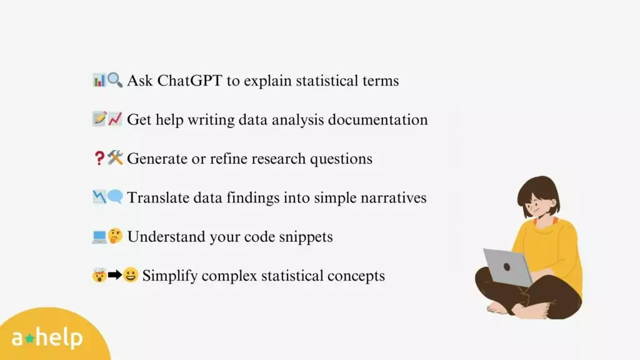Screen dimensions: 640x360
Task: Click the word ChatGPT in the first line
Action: pyautogui.click(x=190, y=81)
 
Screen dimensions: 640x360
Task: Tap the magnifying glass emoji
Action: pyautogui.click(x=115, y=80)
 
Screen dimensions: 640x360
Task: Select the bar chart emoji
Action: pyautogui.click(x=99, y=80)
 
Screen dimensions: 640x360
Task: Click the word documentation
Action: pyautogui.click(x=378, y=119)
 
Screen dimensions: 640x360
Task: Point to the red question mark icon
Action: pyautogui.click(x=99, y=158)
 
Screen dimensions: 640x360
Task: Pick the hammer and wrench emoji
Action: pyautogui.click(x=115, y=157)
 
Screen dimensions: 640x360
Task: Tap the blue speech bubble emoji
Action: pyautogui.click(x=115, y=197)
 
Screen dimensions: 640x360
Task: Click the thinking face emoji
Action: pyautogui.click(x=115, y=236)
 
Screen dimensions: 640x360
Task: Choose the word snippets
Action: pyautogui.click(x=306, y=237)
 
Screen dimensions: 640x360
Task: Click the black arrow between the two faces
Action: pyautogui.click(x=115, y=275)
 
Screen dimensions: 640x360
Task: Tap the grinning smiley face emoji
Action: pyautogui.click(x=131, y=275)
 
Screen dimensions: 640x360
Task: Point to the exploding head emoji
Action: pyautogui.click(x=99, y=275)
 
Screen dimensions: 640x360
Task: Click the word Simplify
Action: pyautogui.click(x=170, y=276)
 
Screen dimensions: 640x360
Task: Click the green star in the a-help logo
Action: pyautogui.click(x=29, y=338)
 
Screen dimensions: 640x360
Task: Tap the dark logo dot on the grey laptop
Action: pyautogui.click(x=507, y=267)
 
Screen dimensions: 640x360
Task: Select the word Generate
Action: pyautogui.click(x=157, y=159)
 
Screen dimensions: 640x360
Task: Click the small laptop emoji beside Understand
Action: pyautogui.click(x=99, y=237)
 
